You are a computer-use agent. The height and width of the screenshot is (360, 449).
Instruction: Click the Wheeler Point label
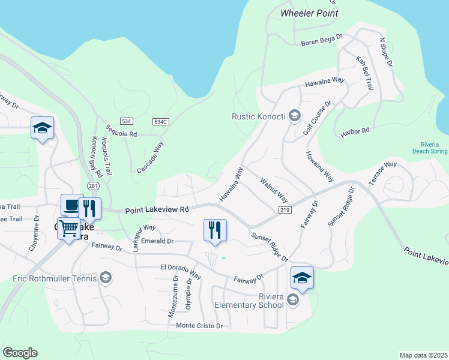(x=309, y=13)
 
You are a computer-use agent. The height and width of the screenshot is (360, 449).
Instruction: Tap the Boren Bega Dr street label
(x=322, y=40)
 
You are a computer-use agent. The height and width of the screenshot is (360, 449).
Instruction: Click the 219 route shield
(x=285, y=209)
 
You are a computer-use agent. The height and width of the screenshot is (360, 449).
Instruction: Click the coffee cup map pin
(x=71, y=205)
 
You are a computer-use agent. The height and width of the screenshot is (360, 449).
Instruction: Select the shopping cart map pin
(x=70, y=227)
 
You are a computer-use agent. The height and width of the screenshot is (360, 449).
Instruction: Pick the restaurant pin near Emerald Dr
(x=215, y=230)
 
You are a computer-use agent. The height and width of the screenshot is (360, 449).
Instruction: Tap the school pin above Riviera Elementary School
(x=302, y=277)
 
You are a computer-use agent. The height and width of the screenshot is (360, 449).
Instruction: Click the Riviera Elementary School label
(x=249, y=301)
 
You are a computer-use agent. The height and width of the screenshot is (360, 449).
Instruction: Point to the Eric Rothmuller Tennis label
(x=55, y=278)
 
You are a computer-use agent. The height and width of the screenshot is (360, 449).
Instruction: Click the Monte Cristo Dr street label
(x=199, y=326)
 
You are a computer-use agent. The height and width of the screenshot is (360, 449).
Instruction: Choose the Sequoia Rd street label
(x=121, y=130)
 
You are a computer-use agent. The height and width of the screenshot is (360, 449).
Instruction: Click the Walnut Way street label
(x=274, y=190)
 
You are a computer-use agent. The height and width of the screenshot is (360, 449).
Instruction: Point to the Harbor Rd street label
(x=355, y=133)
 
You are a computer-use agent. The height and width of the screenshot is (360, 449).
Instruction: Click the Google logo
(x=20, y=353)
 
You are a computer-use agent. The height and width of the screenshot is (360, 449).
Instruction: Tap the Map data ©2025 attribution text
(x=423, y=355)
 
